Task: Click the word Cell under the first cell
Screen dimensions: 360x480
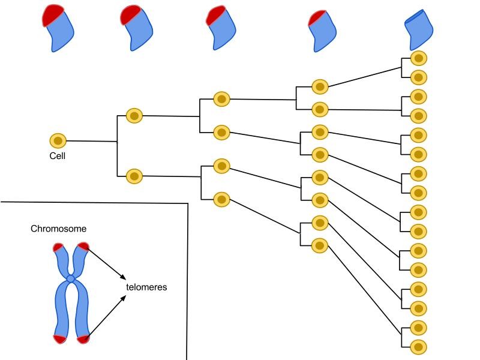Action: pos(58,156)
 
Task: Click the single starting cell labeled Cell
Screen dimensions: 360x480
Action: pos(58,141)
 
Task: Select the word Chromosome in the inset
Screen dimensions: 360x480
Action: pos(59,229)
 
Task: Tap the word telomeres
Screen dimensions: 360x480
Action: pos(146,287)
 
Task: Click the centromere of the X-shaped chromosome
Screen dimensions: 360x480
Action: pos(71,279)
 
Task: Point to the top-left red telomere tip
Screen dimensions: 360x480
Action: pos(58,247)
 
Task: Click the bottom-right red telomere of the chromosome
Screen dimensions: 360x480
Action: pos(83,339)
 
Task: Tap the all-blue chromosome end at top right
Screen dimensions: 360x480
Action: pos(419,30)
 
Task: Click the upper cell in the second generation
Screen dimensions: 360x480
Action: pos(134,116)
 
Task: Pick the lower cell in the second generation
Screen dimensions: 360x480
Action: pos(134,176)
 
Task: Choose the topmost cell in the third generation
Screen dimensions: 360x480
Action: pos(222,99)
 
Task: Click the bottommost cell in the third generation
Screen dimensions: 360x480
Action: pos(222,199)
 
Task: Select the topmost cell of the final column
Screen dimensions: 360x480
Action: pos(419,58)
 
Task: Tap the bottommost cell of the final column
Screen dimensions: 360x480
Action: pos(419,347)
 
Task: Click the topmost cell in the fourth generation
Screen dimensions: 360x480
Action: pos(320,86)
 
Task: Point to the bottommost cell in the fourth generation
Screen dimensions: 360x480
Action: pos(320,245)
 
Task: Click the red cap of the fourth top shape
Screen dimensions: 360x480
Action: pos(317,19)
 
